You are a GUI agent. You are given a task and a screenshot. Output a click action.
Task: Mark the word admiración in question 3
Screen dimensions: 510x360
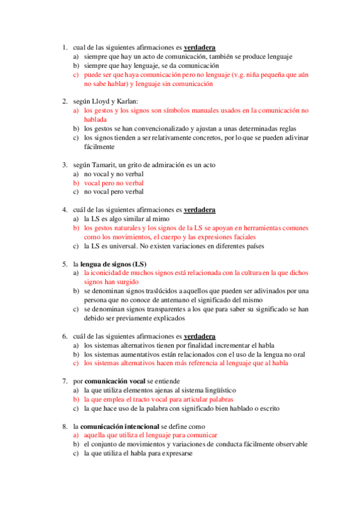[x=162, y=165]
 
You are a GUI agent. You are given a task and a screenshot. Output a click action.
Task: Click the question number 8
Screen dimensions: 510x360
[x=64, y=426]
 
